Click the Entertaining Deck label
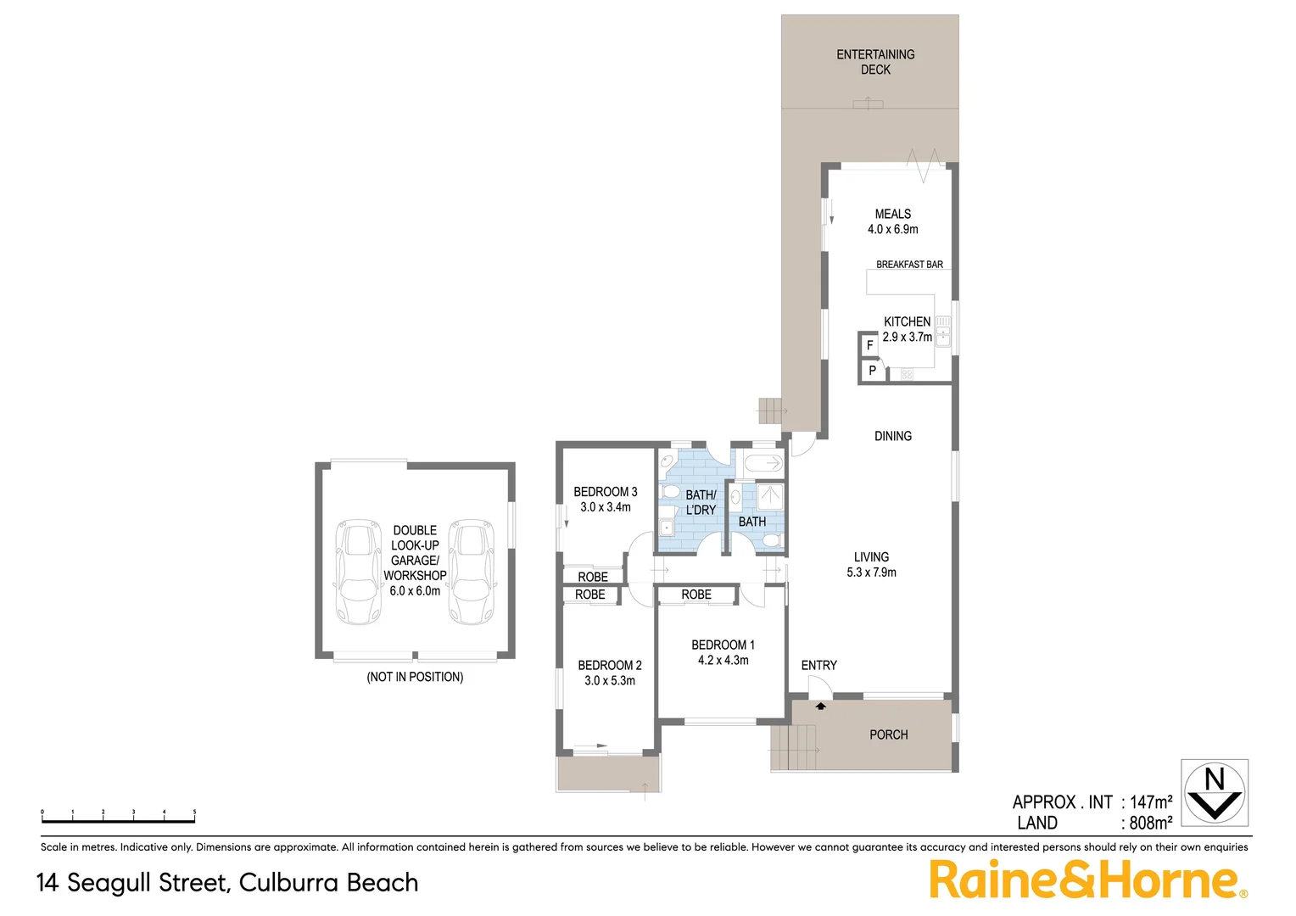(x=875, y=62)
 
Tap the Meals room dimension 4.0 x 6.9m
(x=892, y=230)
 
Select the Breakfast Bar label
(x=909, y=265)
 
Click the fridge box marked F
(x=869, y=346)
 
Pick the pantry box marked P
(x=872, y=371)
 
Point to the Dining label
(x=893, y=436)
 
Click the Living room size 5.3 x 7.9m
(x=871, y=572)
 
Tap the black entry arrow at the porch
(x=821, y=706)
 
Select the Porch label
(x=888, y=734)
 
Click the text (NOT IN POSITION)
(x=415, y=677)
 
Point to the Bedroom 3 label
(x=605, y=492)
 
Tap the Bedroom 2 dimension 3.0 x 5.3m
(x=609, y=681)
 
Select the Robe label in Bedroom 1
(x=696, y=595)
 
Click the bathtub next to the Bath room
(x=763, y=463)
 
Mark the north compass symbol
(x=1215, y=792)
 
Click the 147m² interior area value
(x=1151, y=802)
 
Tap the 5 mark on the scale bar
(x=194, y=813)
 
